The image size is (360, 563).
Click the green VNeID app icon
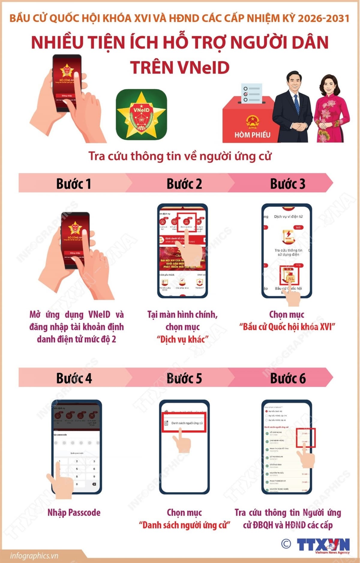pyautogui.click(x=141, y=115)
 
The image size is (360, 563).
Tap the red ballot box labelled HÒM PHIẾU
pyautogui.click(x=249, y=123)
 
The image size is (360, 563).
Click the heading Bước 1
pyautogui.click(x=73, y=183)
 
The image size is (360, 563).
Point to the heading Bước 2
pyautogui.click(x=184, y=183)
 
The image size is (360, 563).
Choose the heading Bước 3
pyautogui.click(x=287, y=183)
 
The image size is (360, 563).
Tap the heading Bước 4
pyautogui.click(x=74, y=378)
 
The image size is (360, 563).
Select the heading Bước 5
pyautogui.click(x=184, y=378)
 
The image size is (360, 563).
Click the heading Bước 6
pyautogui.click(x=288, y=378)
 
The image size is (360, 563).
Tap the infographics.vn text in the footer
pyautogui.click(x=34, y=556)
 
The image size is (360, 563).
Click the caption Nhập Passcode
pyautogui.click(x=74, y=512)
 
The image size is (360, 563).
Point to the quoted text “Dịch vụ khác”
pyautogui.click(x=182, y=339)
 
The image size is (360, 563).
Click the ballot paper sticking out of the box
pyautogui.click(x=251, y=93)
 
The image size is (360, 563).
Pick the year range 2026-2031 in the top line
pyautogui.click(x=324, y=19)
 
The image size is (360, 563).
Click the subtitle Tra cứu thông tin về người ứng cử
pyautogui.click(x=180, y=156)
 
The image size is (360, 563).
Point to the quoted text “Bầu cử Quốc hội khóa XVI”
pyautogui.click(x=287, y=327)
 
